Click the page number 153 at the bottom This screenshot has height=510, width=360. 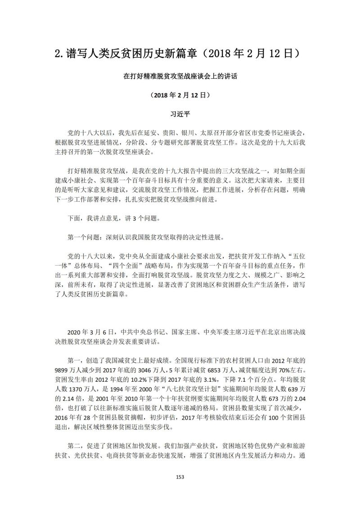tap(180, 477)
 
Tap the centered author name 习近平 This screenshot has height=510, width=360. tap(180, 114)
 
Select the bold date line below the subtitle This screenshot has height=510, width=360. tap(180, 95)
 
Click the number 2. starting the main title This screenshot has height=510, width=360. tap(58, 53)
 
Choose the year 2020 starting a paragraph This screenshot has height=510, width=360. tap(75, 332)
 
